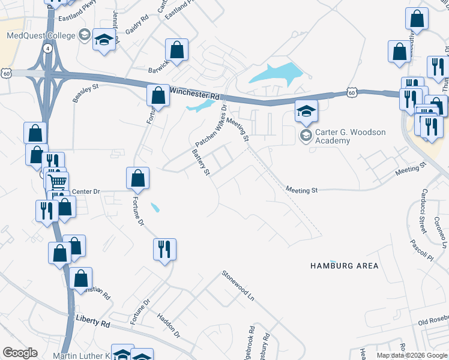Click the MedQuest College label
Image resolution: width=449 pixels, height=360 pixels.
point(41,35)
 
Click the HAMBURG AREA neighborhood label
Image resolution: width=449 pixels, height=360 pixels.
point(344,265)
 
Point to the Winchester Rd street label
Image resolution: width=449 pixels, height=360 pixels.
point(195,94)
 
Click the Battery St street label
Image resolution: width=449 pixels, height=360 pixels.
point(200,162)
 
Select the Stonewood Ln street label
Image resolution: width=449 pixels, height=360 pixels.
point(238,284)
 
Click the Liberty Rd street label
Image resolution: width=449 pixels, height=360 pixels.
point(94,323)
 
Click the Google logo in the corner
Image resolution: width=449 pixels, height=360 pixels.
point(20,353)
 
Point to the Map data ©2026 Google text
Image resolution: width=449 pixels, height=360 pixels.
point(412,355)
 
